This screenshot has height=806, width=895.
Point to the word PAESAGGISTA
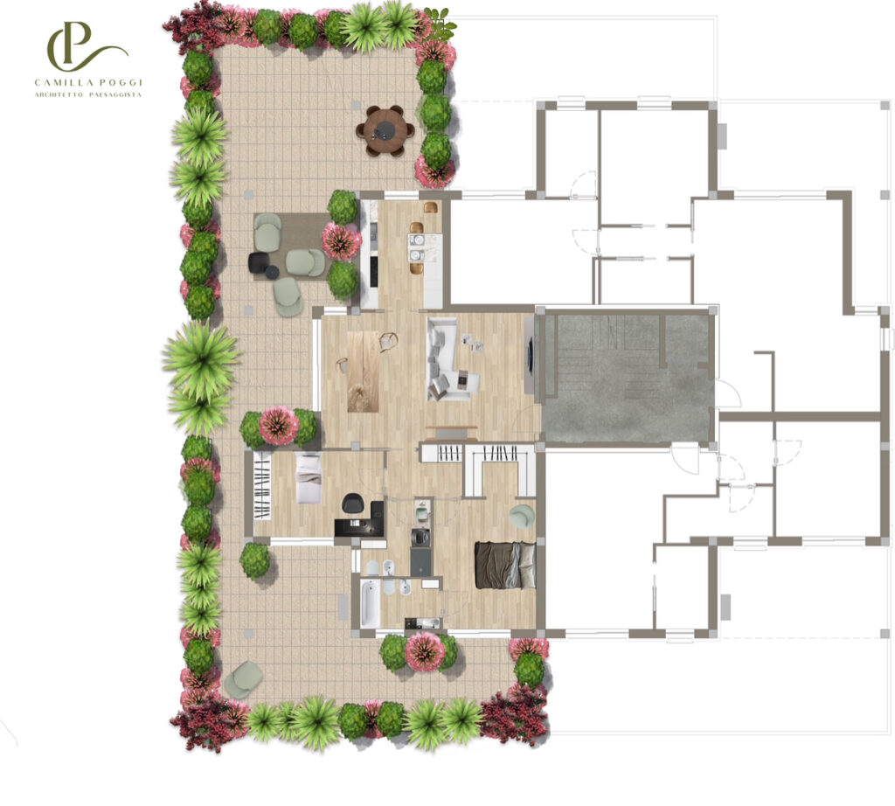[x=115, y=94]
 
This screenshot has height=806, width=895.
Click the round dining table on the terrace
[x=385, y=131]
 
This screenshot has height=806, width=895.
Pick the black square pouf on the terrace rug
[x=259, y=262]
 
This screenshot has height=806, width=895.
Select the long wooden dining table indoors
[x=363, y=371]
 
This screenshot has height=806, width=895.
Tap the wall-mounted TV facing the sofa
[x=531, y=356]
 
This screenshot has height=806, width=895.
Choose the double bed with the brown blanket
[x=505, y=565]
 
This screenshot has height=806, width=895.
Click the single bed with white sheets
[x=309, y=478]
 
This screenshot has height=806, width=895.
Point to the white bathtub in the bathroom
[x=370, y=603]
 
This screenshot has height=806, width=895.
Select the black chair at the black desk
[x=352, y=504]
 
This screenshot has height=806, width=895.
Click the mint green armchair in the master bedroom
[x=522, y=516]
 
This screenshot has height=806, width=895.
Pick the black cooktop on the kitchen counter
[x=374, y=272]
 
